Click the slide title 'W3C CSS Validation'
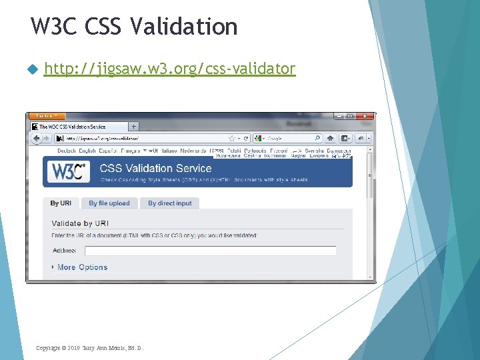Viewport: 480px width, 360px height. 134,27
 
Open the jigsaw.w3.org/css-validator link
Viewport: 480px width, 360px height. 169,68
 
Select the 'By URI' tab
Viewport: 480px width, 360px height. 61,203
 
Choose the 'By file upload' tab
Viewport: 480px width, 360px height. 109,203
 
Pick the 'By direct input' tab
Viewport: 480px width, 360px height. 169,203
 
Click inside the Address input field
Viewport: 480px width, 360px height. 213,251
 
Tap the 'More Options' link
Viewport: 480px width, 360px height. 82,267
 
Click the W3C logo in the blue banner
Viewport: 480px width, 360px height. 67,173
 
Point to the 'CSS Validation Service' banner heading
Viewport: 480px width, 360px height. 155,169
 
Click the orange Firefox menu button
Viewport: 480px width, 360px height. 46,116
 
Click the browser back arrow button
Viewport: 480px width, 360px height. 37,139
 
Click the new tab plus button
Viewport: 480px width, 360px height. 133,126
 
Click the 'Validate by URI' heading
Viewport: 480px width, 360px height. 80,223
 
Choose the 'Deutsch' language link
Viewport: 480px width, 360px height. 67,151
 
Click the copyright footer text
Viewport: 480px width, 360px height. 89,348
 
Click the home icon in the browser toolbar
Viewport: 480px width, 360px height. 331,139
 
